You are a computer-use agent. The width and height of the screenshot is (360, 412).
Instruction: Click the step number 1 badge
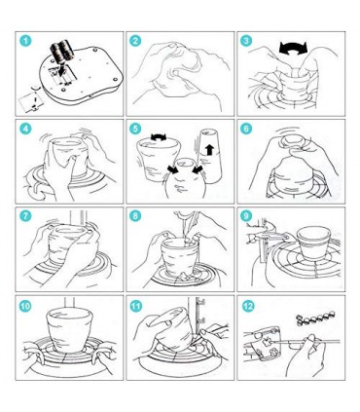[25, 41]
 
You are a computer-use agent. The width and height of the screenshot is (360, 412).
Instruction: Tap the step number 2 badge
[135, 41]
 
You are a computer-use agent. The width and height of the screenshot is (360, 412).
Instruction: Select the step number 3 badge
[246, 41]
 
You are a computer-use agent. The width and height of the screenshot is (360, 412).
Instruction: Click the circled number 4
[25, 129]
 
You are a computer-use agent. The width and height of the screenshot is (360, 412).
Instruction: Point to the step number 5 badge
[135, 129]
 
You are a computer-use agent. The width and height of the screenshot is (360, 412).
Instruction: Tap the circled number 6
[246, 129]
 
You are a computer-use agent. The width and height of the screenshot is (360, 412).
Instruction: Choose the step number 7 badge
[25, 216]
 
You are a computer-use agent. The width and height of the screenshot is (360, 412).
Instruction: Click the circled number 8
[135, 216]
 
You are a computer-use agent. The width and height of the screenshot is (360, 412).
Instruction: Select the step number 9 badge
[246, 216]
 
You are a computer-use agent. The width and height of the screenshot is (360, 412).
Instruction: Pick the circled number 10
[25, 306]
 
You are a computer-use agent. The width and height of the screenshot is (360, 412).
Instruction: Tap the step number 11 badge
[135, 306]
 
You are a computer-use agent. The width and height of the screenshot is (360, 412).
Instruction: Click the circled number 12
[248, 306]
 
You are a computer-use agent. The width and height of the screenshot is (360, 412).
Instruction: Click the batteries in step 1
[62, 52]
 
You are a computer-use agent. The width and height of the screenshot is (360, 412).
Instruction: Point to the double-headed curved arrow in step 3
[293, 48]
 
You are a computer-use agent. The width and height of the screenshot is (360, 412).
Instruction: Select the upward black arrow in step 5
[210, 150]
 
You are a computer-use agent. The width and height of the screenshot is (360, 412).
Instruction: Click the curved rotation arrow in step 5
[159, 137]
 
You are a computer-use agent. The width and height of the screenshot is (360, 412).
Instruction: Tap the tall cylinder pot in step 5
[210, 156]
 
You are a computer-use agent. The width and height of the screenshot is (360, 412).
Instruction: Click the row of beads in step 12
[316, 318]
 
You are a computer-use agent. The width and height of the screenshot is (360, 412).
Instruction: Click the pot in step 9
[313, 243]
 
